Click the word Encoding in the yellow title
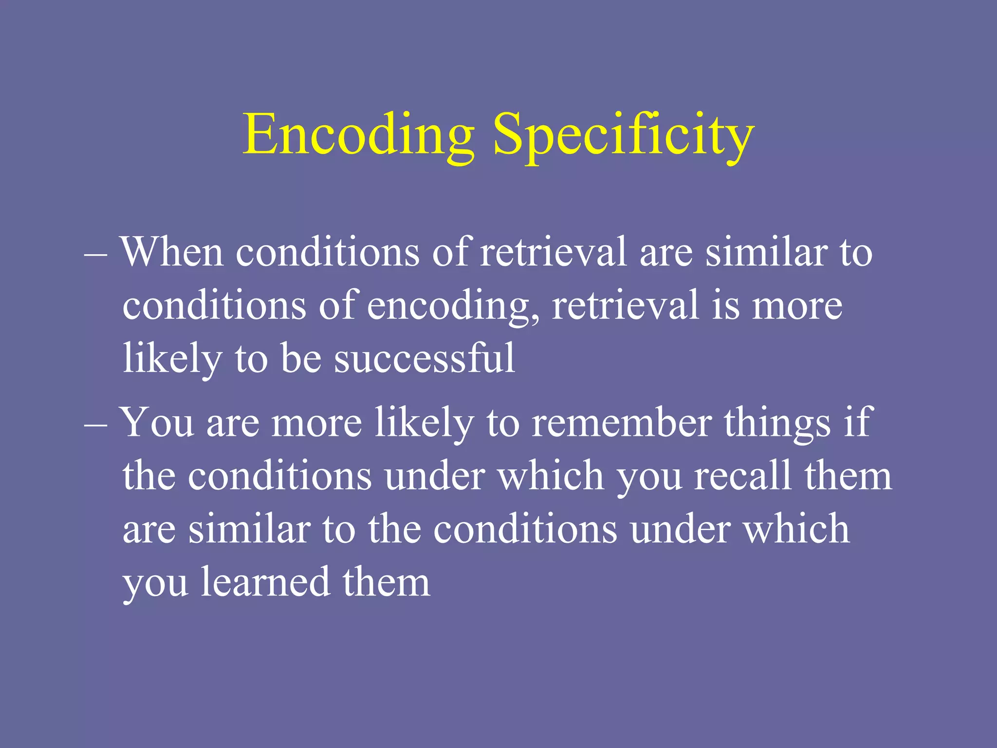pyautogui.click(x=359, y=134)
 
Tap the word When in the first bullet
pyautogui.click(x=172, y=252)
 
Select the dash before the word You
pyautogui.click(x=95, y=424)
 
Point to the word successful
pyautogui.click(x=424, y=358)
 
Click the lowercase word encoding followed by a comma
pyautogui.click(x=453, y=306)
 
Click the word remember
pyautogui.click(x=622, y=422)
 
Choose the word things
pyautogui.click(x=777, y=422)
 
